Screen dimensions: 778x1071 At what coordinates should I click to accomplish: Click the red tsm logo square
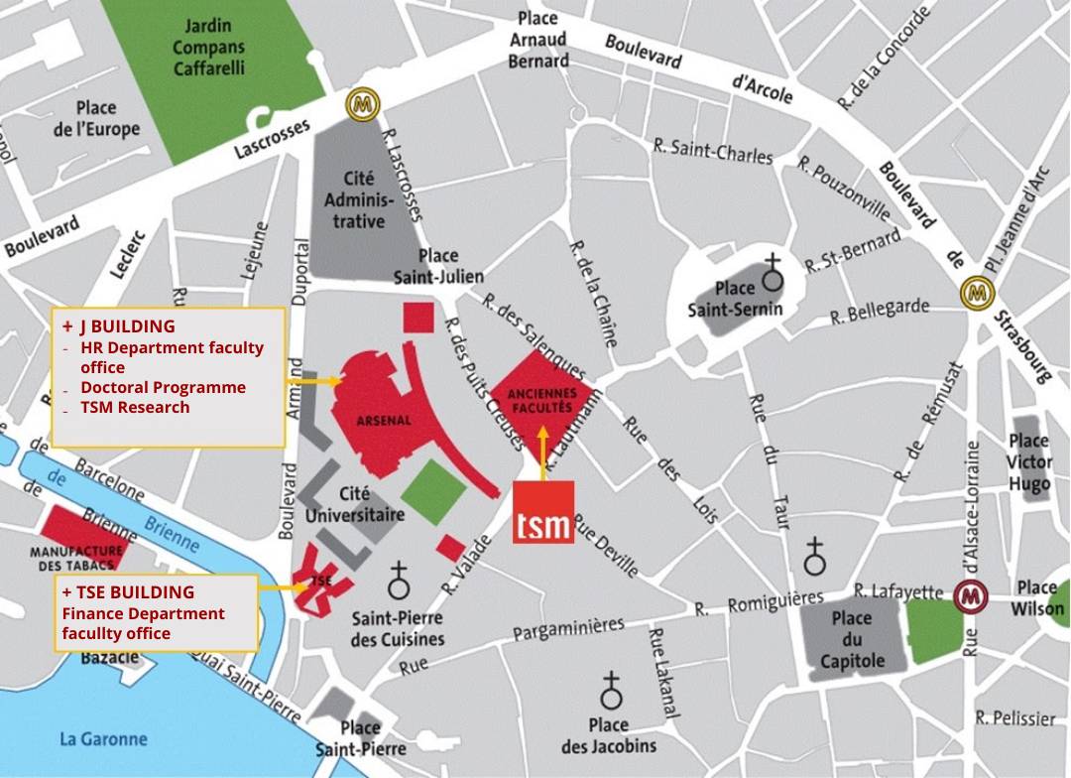click(543, 512)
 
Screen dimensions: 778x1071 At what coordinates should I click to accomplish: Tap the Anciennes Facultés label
click(540, 400)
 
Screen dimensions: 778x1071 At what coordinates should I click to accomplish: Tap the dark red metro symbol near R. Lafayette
click(969, 597)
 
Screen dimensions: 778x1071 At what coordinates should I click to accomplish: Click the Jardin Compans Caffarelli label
click(208, 47)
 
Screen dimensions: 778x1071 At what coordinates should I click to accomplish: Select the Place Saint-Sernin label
click(735, 299)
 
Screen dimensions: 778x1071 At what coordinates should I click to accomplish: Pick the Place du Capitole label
click(852, 639)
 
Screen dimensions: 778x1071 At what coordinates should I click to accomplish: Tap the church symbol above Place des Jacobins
click(611, 689)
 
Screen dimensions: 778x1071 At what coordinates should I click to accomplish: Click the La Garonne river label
click(103, 738)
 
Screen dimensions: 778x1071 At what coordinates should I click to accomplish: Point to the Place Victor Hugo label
click(1028, 462)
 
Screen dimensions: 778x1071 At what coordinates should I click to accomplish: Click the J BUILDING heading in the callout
click(126, 325)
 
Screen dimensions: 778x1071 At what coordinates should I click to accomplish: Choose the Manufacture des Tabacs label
click(76, 558)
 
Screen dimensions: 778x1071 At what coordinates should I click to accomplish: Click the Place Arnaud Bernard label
click(538, 40)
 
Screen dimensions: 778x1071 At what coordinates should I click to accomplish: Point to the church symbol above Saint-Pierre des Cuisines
click(399, 579)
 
